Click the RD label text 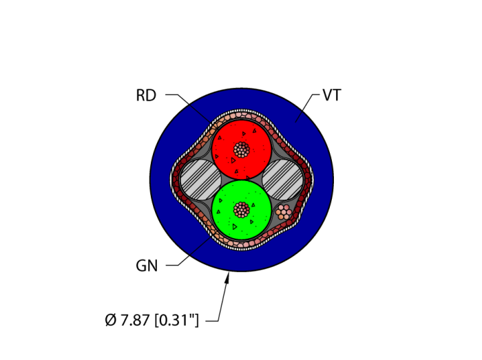pyautogui.click(x=146, y=96)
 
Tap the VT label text pyautogui.click(x=331, y=96)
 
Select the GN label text pyautogui.click(x=147, y=266)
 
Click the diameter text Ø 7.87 pyautogui.click(x=128, y=320)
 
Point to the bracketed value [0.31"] pyautogui.click(x=177, y=320)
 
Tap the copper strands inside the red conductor pyautogui.click(x=242, y=149)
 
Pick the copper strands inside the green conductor pyautogui.click(x=242, y=209)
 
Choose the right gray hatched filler pyautogui.click(x=283, y=180)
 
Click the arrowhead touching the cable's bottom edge pyautogui.click(x=228, y=277)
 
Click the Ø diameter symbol pyautogui.click(x=110, y=320)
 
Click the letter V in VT pyautogui.click(x=326, y=96)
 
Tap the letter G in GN pyautogui.click(x=141, y=266)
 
